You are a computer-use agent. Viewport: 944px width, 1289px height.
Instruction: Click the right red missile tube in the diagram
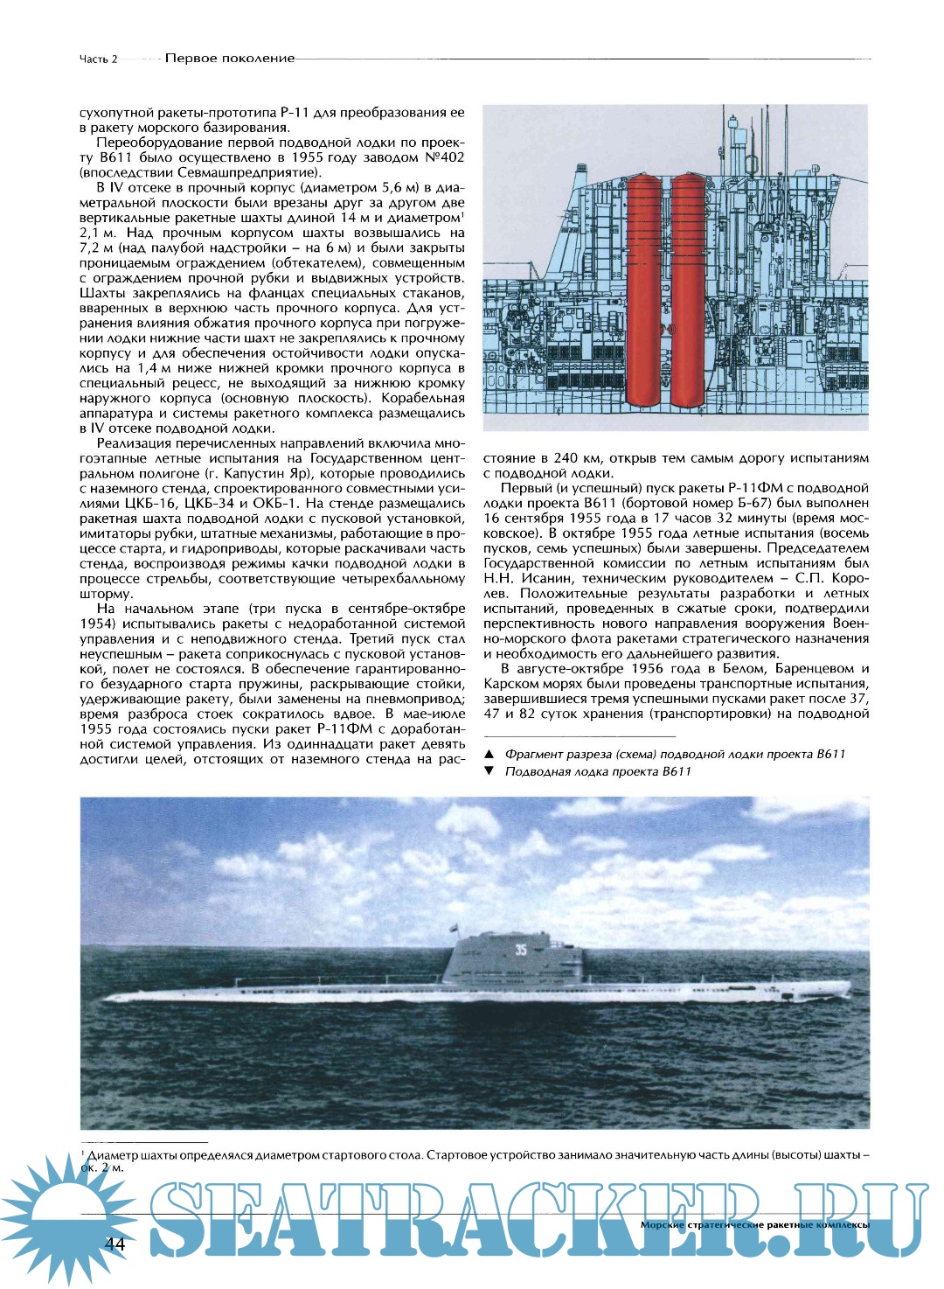[689, 289]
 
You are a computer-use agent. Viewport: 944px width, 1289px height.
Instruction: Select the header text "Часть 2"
[98, 59]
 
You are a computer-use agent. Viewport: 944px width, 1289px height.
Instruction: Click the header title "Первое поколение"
[230, 59]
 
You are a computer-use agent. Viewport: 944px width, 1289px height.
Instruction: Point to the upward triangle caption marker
[489, 754]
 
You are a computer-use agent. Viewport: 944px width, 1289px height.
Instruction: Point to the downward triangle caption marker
[489, 771]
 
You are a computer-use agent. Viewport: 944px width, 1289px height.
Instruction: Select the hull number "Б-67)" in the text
[815, 503]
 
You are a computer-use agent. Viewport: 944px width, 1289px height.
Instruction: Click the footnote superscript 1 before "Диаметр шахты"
[82, 1153]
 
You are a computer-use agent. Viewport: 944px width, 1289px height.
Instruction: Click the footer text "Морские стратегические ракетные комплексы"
[754, 1225]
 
